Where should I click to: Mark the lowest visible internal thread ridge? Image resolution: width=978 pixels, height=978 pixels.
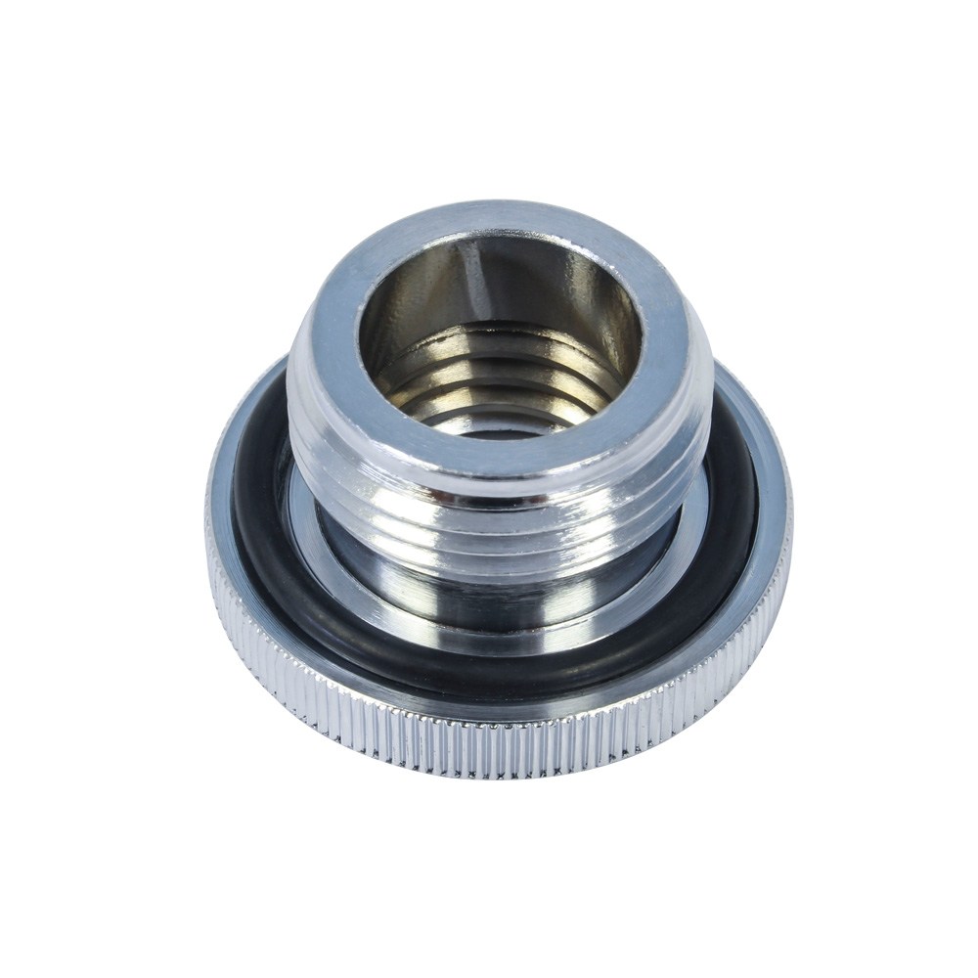[x=489, y=411]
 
